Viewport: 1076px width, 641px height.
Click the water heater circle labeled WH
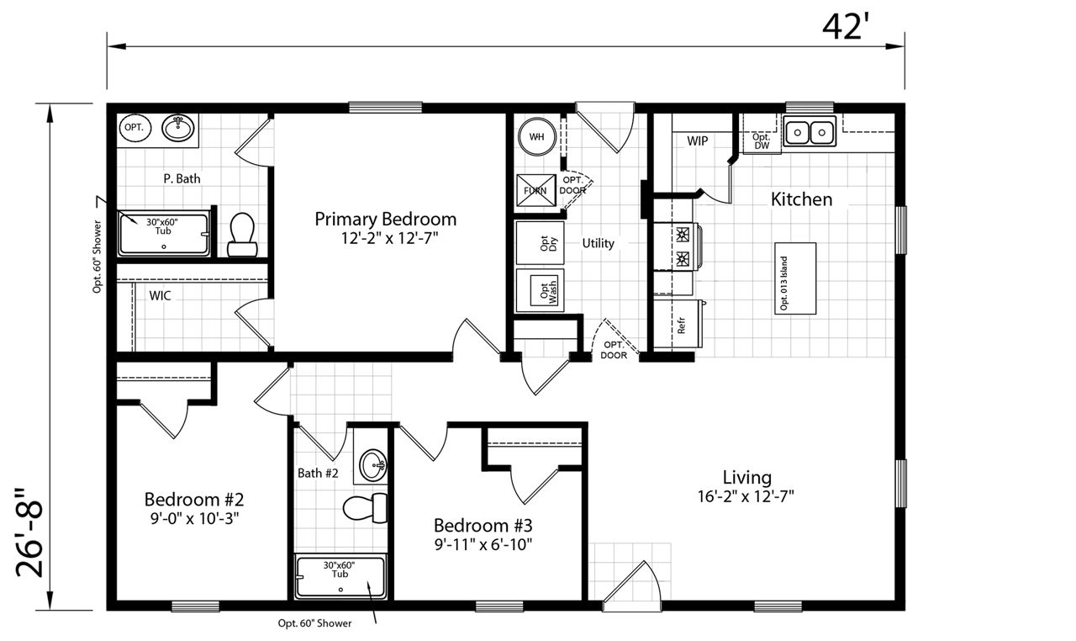coord(537,137)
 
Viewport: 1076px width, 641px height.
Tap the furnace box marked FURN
coord(536,190)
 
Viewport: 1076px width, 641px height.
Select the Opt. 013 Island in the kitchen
coord(795,278)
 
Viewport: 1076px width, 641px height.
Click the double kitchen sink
coord(810,130)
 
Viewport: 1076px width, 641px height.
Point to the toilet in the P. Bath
coord(242,235)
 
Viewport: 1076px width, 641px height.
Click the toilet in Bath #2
coord(365,508)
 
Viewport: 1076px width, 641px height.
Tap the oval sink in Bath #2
coord(373,465)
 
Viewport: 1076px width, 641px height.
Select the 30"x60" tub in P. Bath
coord(164,235)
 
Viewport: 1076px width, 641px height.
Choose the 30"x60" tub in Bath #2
coord(340,577)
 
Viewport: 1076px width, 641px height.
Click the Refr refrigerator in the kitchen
coord(678,324)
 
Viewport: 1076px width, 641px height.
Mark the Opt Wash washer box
coord(540,290)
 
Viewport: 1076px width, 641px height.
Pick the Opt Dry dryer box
coord(540,242)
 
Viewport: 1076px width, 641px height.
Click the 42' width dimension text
coord(846,27)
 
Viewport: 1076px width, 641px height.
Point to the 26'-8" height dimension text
coord(29,532)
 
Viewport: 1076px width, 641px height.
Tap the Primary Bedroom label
coord(386,220)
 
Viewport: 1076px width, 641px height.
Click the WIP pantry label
coord(697,141)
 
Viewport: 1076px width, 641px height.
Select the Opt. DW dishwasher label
coord(762,141)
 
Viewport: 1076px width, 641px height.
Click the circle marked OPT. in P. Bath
coord(134,128)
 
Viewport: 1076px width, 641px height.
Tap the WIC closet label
coord(160,295)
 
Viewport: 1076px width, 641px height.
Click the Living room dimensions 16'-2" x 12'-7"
coord(746,496)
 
